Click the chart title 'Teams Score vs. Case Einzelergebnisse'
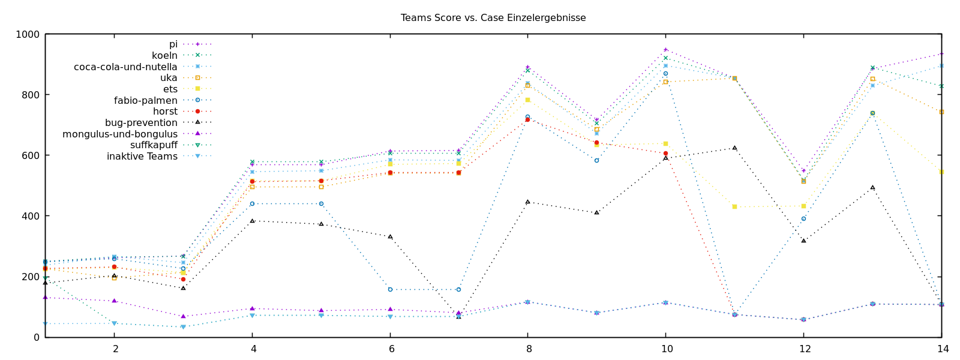pyautogui.click(x=493, y=18)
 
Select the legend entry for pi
pyautogui.click(x=173, y=44)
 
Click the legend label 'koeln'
pyautogui.click(x=164, y=56)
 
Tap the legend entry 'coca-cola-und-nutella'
pyautogui.click(x=125, y=67)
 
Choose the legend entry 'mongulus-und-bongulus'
pyautogui.click(x=120, y=134)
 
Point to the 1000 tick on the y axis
pyautogui.click(x=28, y=35)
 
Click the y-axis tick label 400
pyautogui.click(x=30, y=216)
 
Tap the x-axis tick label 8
pyautogui.click(x=528, y=349)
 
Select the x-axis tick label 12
pyautogui.click(x=803, y=349)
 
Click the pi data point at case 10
pyautogui.click(x=665, y=50)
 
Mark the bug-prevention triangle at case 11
pyautogui.click(x=734, y=148)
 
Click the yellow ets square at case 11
pyautogui.click(x=734, y=207)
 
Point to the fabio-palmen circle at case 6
pyautogui.click(x=390, y=289)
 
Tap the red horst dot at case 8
pyautogui.click(x=528, y=120)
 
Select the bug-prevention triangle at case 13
pyautogui.click(x=872, y=187)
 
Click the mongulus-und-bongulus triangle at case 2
pyautogui.click(x=115, y=301)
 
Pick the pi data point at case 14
pyautogui.click(x=941, y=53)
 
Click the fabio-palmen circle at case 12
pyautogui.click(x=803, y=218)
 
